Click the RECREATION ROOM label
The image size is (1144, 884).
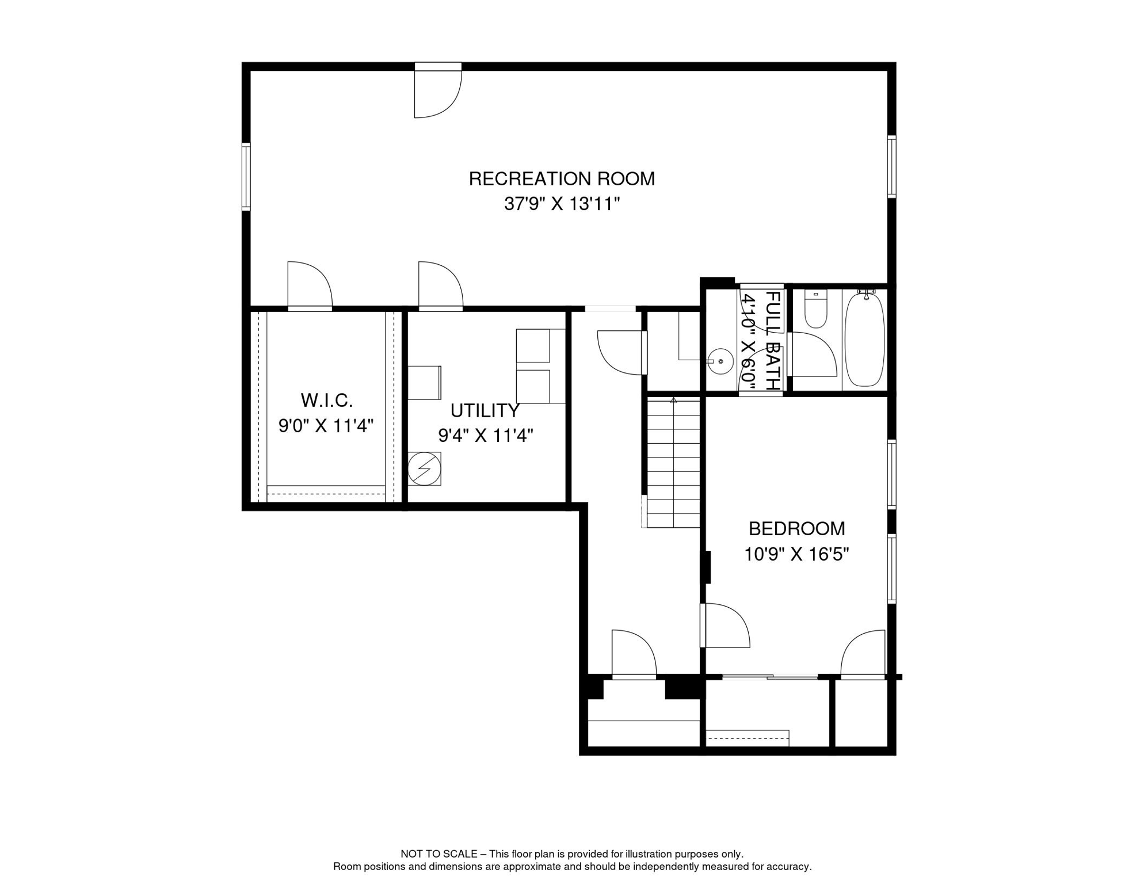[x=562, y=179]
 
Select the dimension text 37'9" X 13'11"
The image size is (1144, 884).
[x=562, y=204]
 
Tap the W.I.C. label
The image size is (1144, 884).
[x=326, y=400]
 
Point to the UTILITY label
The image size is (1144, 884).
[x=485, y=411]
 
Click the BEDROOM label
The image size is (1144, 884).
[x=796, y=528]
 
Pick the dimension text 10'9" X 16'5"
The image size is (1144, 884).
[x=796, y=554]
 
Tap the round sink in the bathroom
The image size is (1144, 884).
[x=720, y=361]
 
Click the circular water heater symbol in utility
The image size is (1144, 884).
[x=424, y=468]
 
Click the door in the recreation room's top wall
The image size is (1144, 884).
[x=437, y=92]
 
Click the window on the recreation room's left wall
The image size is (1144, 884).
[x=246, y=177]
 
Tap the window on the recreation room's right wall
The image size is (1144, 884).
[x=891, y=166]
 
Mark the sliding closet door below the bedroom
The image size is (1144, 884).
[x=769, y=677]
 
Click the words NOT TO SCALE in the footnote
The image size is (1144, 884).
[x=439, y=854]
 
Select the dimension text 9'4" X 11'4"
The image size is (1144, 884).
[x=485, y=436]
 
